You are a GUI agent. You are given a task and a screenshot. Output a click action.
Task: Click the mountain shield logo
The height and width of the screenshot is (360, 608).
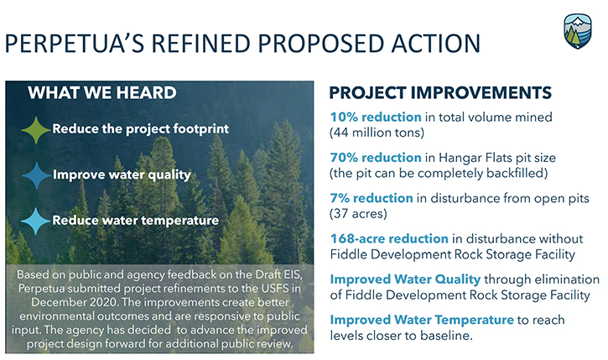click(x=578, y=31)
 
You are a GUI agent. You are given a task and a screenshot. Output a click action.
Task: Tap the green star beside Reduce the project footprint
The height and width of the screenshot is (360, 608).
click(x=36, y=130)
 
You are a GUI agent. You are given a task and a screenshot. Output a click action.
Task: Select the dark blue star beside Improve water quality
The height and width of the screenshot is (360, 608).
click(x=36, y=175)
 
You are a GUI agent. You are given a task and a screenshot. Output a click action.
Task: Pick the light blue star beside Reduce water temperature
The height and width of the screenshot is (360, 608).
click(x=36, y=222)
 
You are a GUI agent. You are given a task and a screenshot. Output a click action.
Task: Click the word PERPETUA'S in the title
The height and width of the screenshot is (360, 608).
click(x=75, y=43)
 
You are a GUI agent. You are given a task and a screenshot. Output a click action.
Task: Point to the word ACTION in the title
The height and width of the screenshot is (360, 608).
click(x=436, y=43)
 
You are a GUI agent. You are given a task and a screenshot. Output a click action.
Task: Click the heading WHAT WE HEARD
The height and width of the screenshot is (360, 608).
click(x=102, y=92)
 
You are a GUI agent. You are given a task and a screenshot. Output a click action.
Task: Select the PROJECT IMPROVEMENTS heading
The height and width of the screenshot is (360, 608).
click(x=440, y=92)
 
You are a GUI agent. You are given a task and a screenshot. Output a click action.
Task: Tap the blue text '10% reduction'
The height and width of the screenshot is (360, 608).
click(x=376, y=117)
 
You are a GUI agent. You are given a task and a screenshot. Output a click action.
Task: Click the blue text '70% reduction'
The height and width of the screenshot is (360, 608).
click(x=376, y=158)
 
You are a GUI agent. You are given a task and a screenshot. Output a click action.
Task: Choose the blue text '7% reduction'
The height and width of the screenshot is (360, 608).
click(x=372, y=198)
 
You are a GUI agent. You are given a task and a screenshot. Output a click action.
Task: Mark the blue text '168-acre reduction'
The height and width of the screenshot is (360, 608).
click(x=389, y=238)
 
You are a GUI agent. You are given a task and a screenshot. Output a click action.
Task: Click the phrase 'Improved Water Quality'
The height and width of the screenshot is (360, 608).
click(x=405, y=279)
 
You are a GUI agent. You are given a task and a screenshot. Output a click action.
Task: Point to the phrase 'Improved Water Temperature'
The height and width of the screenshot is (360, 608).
click(x=422, y=320)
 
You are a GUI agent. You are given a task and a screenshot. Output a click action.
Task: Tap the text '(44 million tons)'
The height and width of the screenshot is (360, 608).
click(x=377, y=133)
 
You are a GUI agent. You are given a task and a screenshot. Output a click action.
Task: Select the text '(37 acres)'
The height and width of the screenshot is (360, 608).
click(x=358, y=214)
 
